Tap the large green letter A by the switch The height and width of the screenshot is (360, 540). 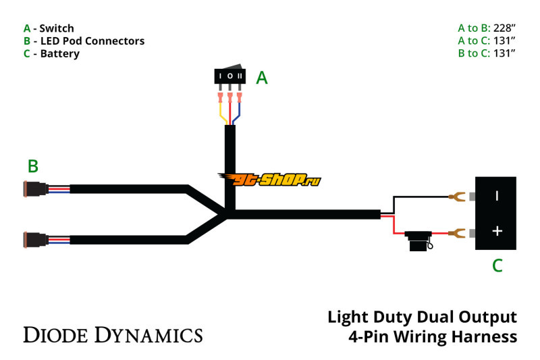(262, 78)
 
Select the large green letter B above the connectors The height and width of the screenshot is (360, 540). (32, 166)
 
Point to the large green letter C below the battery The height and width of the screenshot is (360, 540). (497, 265)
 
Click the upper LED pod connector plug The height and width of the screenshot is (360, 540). (34, 188)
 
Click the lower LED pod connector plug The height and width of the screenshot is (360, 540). (34, 238)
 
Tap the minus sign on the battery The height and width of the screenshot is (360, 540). (497, 196)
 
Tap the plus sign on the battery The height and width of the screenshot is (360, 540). (497, 231)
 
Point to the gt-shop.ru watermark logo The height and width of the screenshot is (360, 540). (269, 178)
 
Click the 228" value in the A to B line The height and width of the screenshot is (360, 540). (503, 28)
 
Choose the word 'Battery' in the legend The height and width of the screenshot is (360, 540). (59, 53)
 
